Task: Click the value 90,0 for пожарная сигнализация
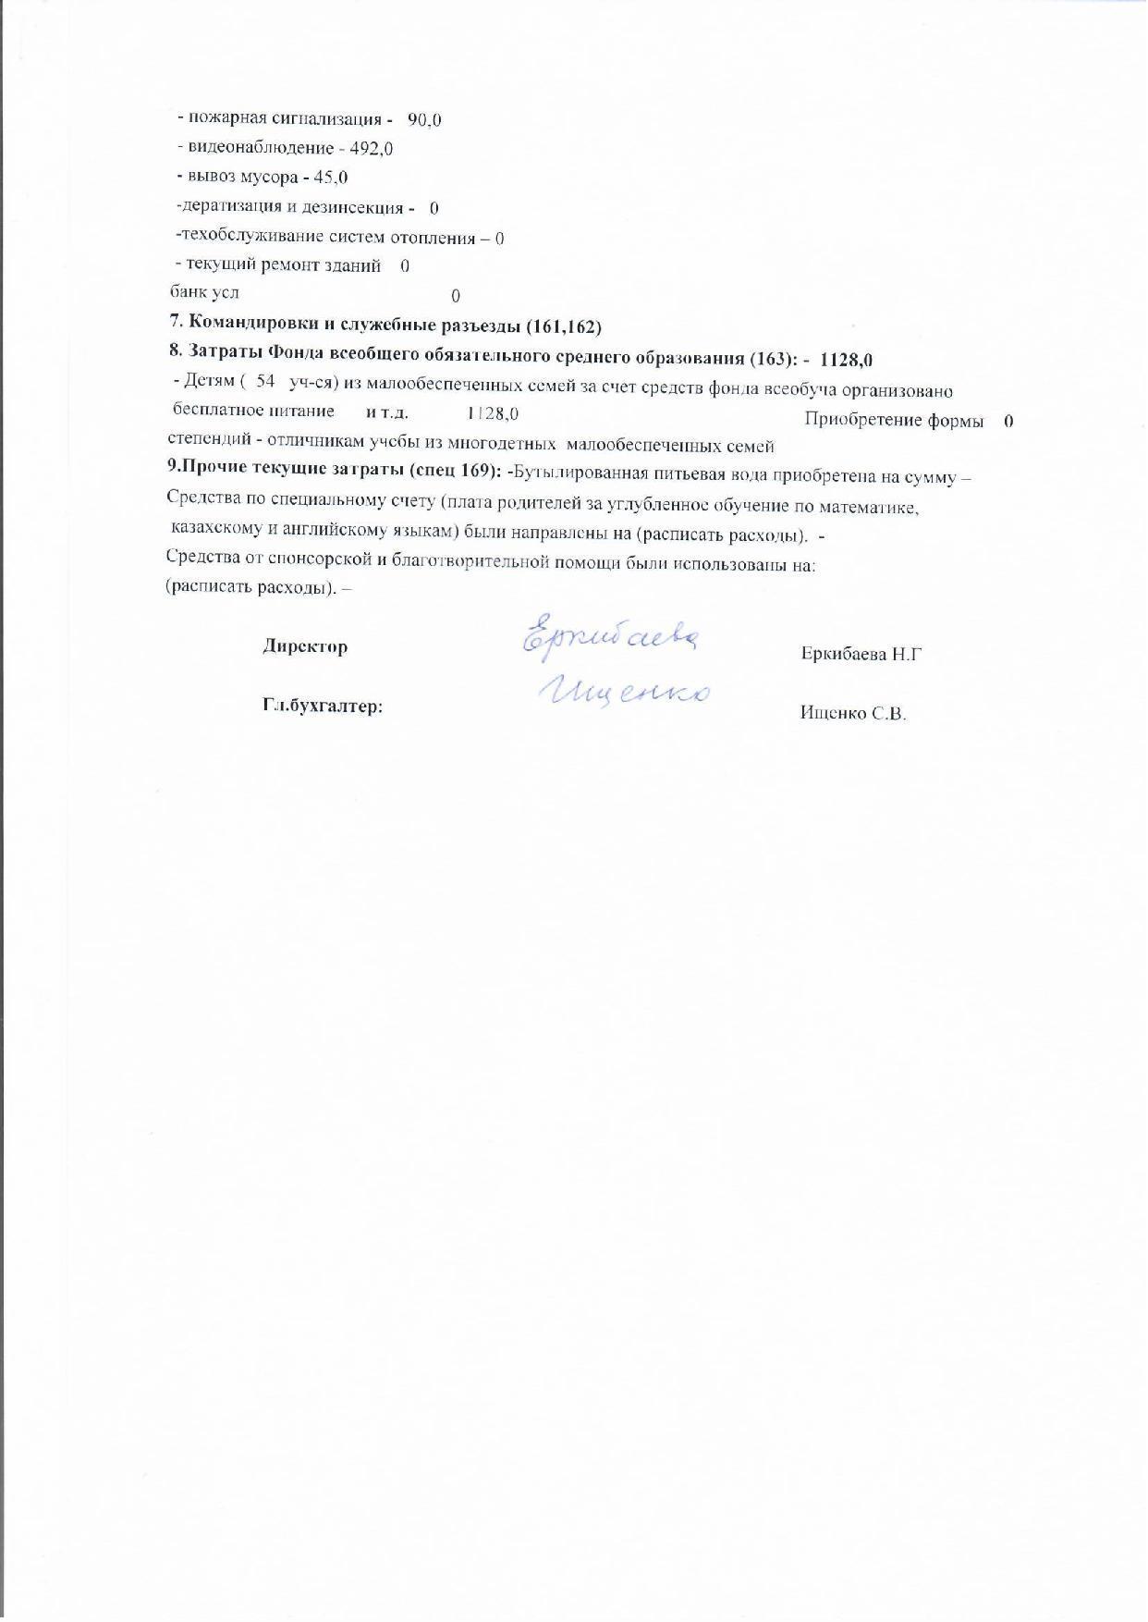[x=424, y=120]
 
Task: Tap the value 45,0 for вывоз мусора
[x=330, y=178]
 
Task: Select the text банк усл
[x=204, y=293]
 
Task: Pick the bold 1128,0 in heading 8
[x=846, y=359]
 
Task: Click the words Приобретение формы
[x=893, y=420]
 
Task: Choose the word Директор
[x=305, y=646]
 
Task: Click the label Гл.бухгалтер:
[x=323, y=707]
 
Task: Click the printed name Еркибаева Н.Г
[x=861, y=654]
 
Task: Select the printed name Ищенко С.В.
[x=853, y=713]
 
